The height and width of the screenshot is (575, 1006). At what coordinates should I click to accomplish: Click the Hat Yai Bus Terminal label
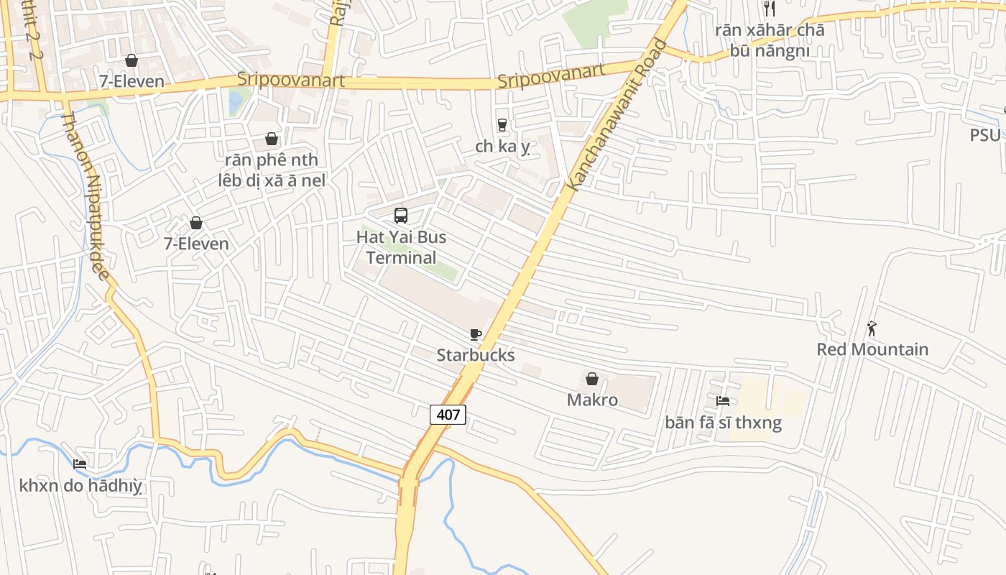(402, 247)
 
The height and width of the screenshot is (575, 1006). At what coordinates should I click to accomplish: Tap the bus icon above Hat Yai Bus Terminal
(401, 215)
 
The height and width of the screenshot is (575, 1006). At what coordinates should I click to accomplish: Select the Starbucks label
(476, 355)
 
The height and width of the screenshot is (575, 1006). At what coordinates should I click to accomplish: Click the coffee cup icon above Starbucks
(475, 334)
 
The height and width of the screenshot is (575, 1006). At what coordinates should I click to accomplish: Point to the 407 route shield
(448, 414)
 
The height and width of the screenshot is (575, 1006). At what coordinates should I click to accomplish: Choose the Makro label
(592, 400)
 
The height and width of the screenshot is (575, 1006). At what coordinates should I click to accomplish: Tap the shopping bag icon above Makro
(592, 379)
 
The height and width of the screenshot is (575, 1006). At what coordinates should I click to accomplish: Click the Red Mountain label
(872, 349)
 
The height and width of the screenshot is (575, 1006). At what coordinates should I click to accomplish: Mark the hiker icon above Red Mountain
(872, 328)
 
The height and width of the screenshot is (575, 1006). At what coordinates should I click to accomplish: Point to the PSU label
(984, 135)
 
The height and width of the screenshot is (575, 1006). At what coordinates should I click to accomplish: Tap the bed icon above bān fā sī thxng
(723, 401)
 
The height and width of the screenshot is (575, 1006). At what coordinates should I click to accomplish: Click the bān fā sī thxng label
(723, 423)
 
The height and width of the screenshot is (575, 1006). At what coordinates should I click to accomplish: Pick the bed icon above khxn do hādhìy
(80, 464)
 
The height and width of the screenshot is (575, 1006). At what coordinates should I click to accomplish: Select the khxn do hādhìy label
(80, 486)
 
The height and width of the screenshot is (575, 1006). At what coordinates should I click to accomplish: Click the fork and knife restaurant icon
(770, 9)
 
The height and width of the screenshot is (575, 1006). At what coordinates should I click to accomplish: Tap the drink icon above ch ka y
(502, 125)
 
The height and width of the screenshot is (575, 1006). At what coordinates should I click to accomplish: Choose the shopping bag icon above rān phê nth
(272, 139)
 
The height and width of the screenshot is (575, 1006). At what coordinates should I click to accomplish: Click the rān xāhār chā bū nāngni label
(770, 40)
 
